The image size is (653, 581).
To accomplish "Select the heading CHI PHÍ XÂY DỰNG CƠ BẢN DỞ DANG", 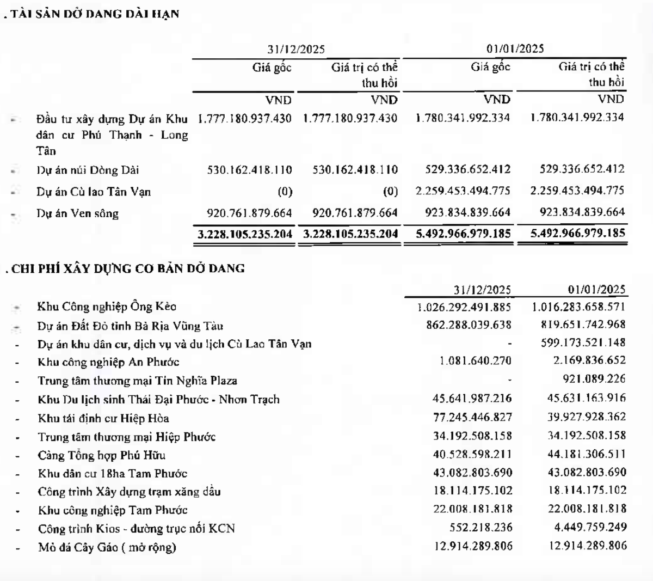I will pyautogui.click(x=128, y=268).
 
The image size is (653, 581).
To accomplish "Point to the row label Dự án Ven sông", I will pyautogui.click(x=78, y=213).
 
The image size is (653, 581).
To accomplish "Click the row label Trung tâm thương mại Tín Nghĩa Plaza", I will pyautogui.click(x=137, y=381).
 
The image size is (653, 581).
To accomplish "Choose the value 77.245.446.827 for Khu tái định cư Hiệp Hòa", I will pyautogui.click(x=472, y=417).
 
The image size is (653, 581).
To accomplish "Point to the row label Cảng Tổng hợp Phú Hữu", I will pyautogui.click(x=102, y=455).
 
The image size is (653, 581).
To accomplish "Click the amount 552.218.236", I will pyautogui.click(x=481, y=528).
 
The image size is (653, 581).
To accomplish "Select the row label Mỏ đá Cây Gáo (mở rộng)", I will pyautogui.click(x=107, y=547).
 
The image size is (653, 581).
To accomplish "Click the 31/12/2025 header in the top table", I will pyautogui.click(x=296, y=49).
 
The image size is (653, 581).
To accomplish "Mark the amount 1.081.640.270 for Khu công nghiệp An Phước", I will pyautogui.click(x=476, y=361).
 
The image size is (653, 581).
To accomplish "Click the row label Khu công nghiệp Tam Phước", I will pyautogui.click(x=113, y=510).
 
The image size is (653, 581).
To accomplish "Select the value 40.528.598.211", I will pyautogui.click(x=472, y=454).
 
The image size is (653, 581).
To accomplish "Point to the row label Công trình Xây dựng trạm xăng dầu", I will pyautogui.click(x=129, y=492).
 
